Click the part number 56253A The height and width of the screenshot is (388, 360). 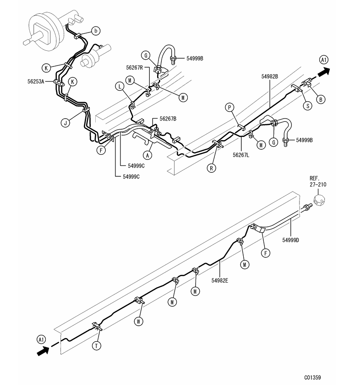36,82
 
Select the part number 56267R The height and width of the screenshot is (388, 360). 134,67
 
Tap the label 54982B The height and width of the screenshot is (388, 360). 270,77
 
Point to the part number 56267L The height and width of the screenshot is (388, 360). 241,155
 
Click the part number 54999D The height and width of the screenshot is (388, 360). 291,240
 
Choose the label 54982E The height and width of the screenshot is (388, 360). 220,280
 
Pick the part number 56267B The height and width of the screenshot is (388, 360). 168,119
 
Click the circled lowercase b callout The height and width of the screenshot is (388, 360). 96,31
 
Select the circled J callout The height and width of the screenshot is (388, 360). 65,123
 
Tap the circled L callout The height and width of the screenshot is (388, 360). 120,87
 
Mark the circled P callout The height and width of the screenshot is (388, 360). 229,108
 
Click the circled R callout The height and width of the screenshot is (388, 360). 211,168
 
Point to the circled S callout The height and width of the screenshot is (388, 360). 308,106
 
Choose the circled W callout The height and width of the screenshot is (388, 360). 139,322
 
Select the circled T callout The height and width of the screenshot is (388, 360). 97,346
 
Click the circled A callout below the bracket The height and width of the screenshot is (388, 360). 148,155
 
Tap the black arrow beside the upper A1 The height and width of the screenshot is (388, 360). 324,72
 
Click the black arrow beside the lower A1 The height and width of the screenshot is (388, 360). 43,351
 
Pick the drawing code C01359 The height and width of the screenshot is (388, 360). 312,377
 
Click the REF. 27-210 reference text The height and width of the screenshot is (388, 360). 318,181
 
